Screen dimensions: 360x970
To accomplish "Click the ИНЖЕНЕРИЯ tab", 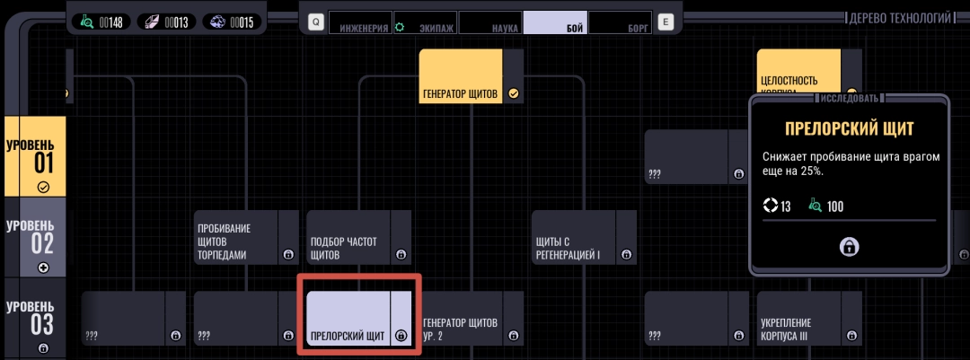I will pos(363,22).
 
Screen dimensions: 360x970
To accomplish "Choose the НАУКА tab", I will pos(490,22).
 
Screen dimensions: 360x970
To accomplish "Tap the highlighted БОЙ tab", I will pos(556,22).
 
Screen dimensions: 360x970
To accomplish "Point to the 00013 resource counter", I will pos(169,22).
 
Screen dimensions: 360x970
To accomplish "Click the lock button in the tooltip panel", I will pos(848,247).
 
